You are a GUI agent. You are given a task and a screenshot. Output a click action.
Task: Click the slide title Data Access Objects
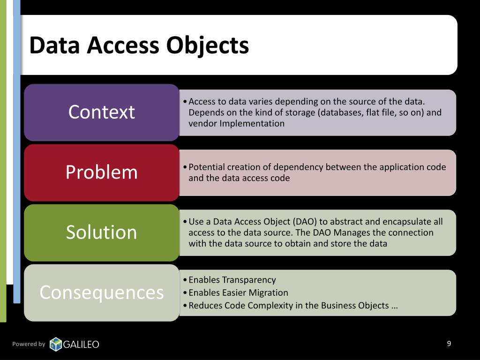coord(139,45)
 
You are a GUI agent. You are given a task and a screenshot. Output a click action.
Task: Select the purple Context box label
coord(101,112)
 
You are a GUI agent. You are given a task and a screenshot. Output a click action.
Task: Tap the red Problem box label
coord(101,172)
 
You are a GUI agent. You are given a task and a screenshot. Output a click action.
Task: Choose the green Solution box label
coord(101,232)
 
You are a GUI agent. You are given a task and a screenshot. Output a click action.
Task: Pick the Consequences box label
coord(101,292)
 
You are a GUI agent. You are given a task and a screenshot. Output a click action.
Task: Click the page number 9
coord(449,344)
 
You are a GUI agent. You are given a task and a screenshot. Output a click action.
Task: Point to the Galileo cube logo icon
coord(56,344)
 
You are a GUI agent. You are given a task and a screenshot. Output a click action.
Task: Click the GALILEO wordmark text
coord(81,345)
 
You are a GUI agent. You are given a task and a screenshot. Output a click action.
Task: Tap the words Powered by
coord(29,344)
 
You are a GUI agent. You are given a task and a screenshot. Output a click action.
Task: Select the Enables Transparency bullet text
coord(232,280)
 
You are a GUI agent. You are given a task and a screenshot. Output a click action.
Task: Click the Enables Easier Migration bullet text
coord(238,292)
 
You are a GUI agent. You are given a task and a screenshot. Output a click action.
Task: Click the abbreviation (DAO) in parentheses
coord(305,222)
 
